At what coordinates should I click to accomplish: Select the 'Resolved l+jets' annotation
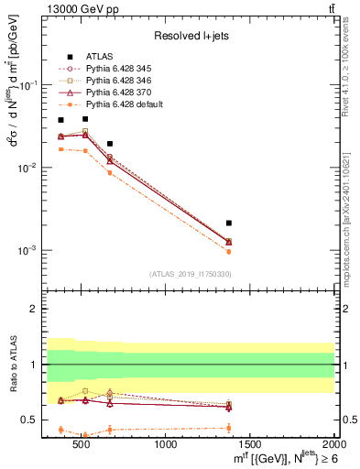pyautogui.click(x=190, y=36)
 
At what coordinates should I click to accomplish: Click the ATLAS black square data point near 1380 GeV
pyautogui.click(x=229, y=223)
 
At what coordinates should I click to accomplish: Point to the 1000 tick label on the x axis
pyautogui.click(x=166, y=445)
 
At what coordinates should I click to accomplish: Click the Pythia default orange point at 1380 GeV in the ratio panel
pyautogui.click(x=229, y=428)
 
